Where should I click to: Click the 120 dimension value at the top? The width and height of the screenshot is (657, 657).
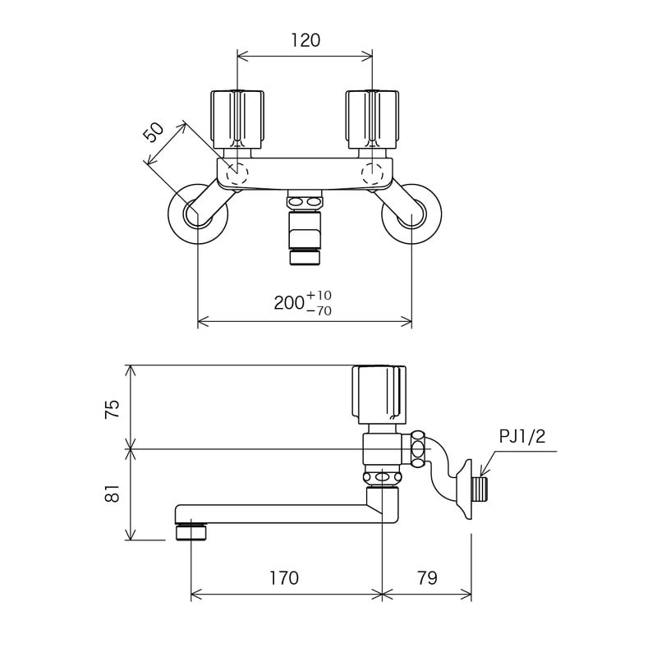[305, 40]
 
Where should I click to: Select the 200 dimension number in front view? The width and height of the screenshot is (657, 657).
[289, 302]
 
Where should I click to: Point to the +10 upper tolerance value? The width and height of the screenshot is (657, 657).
[319, 295]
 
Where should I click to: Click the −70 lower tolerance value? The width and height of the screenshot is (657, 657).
[319, 310]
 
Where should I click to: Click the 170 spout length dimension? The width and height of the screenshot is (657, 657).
[283, 578]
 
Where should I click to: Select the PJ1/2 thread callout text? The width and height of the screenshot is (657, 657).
[521, 437]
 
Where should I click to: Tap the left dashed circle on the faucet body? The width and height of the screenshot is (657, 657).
[237, 173]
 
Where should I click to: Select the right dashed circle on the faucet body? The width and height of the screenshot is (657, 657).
[373, 173]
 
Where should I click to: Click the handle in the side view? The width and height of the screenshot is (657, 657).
[379, 393]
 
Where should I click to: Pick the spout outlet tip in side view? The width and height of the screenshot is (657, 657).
[192, 533]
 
